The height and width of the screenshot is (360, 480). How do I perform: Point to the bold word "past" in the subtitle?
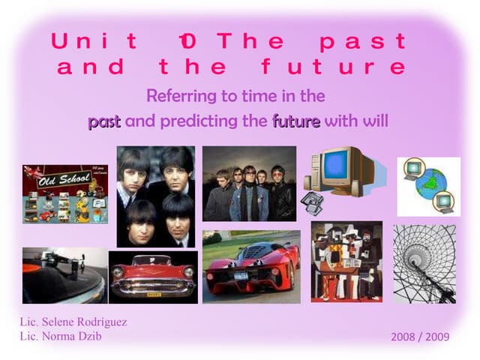point(104,120)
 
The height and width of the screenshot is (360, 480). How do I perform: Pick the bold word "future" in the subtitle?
point(296,120)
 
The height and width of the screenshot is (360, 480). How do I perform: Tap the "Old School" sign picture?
point(64,194)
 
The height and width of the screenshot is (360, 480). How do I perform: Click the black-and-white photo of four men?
point(156,196)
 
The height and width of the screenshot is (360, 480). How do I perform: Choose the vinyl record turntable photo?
point(64,275)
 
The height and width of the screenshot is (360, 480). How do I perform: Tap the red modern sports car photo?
point(251,268)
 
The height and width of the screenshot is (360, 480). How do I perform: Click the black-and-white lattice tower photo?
point(424,263)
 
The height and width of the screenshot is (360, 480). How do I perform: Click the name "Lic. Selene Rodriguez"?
point(73,322)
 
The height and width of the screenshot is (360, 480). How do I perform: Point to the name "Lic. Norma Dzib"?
point(61,336)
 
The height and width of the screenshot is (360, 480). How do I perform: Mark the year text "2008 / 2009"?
point(420,337)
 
